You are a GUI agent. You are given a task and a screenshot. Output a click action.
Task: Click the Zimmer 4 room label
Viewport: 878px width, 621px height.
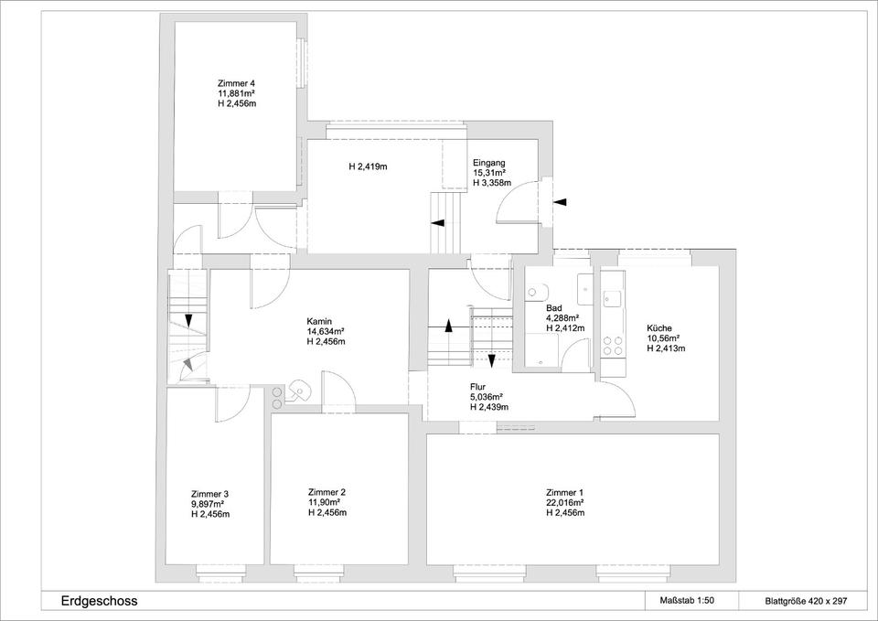(x=237, y=84)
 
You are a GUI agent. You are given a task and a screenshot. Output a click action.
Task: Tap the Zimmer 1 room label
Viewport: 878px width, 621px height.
(x=565, y=493)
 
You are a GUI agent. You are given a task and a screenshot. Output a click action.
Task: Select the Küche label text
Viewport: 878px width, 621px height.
(x=659, y=328)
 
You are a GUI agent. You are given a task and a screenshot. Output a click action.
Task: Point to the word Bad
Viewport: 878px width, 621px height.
(x=554, y=308)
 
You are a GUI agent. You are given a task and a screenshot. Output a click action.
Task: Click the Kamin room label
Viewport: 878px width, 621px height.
(x=319, y=321)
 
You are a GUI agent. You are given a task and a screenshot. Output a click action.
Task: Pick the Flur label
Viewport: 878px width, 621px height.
(x=477, y=387)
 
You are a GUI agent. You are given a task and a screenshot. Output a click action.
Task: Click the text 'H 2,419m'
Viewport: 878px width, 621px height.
(x=369, y=166)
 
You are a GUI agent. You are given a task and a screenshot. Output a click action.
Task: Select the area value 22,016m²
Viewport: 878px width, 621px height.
(x=565, y=503)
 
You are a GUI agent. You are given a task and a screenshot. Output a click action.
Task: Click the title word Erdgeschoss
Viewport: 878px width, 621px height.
(x=99, y=602)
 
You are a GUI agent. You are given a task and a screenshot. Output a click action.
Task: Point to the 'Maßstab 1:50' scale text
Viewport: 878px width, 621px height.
(x=688, y=601)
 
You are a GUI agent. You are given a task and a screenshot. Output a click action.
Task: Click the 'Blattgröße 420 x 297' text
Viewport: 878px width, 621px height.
(x=807, y=602)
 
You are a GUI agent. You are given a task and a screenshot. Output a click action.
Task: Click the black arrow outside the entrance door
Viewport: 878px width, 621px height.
(x=561, y=201)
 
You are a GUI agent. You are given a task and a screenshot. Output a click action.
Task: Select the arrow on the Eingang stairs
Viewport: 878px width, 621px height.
(x=437, y=223)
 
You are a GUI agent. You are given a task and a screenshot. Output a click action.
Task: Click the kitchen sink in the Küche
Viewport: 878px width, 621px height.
(x=612, y=300)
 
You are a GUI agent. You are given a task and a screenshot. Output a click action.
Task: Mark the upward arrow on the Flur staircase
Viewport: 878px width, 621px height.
(x=448, y=326)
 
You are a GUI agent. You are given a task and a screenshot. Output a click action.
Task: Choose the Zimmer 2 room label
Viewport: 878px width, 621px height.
(x=327, y=492)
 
